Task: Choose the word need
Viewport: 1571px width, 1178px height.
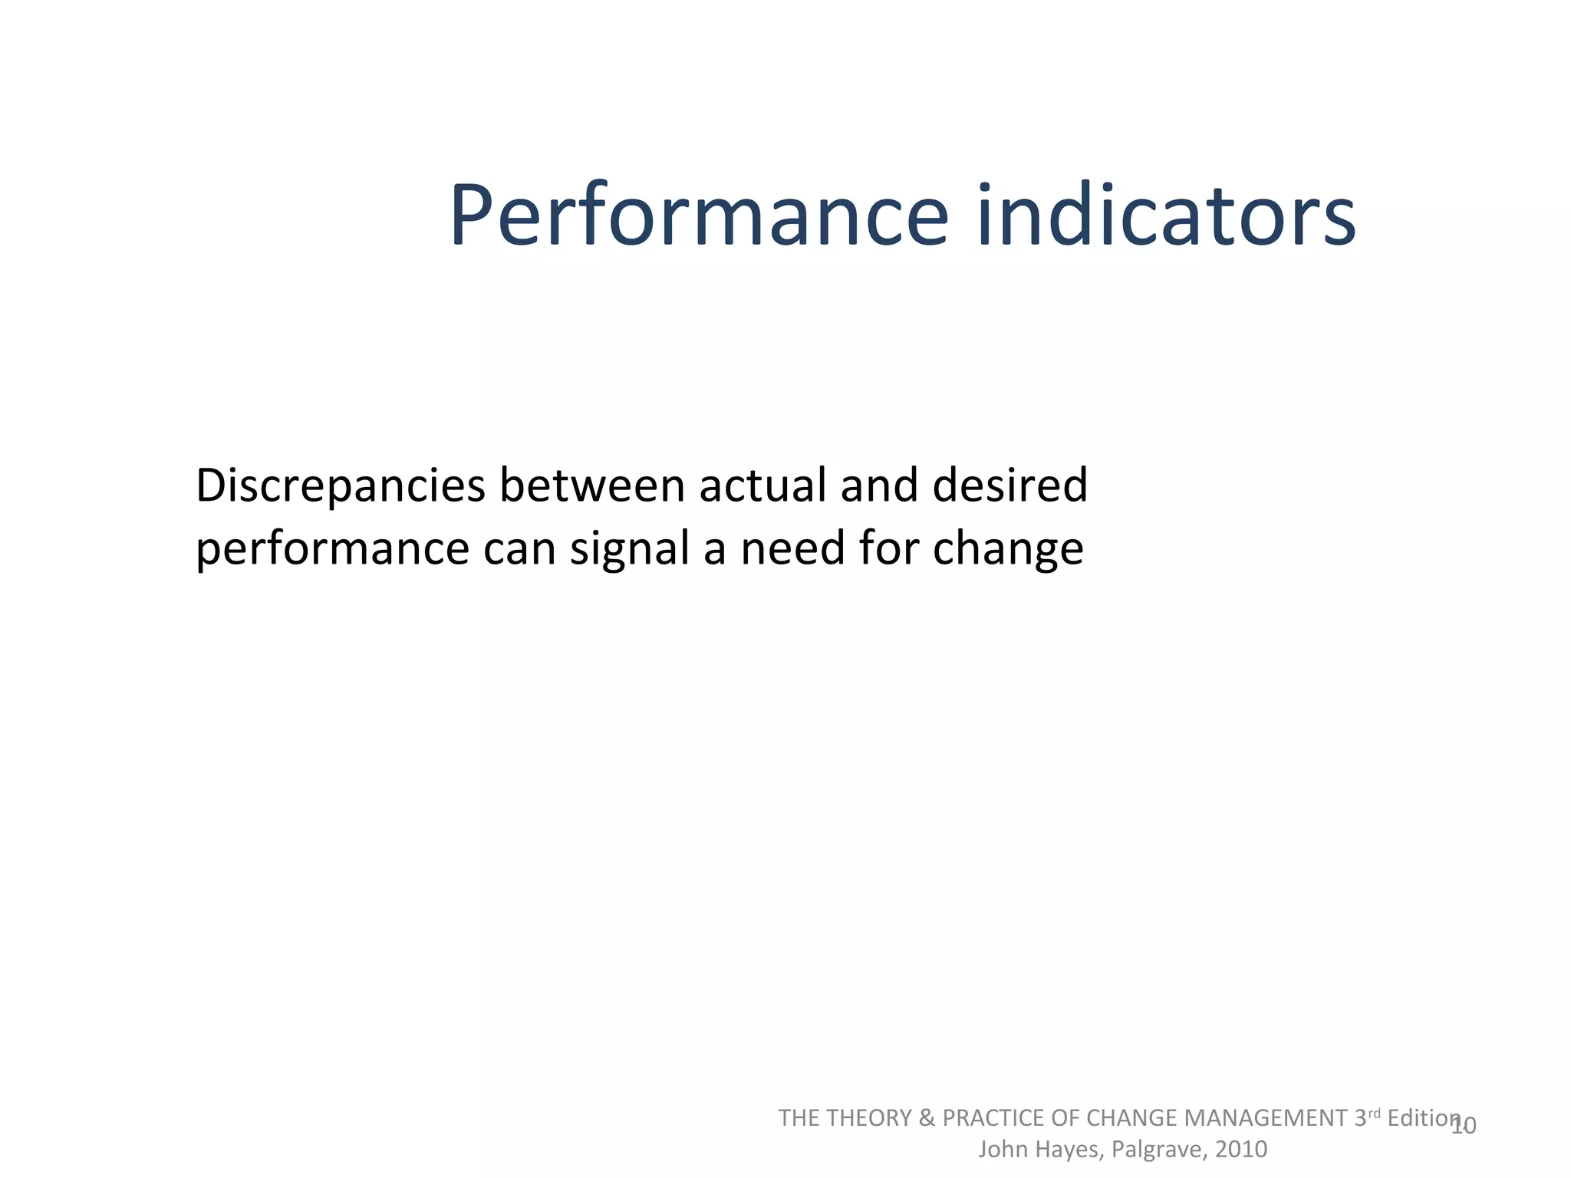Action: [792, 549]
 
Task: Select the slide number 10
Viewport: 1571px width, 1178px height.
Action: [1464, 1126]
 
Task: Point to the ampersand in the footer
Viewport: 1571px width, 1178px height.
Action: [927, 1118]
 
